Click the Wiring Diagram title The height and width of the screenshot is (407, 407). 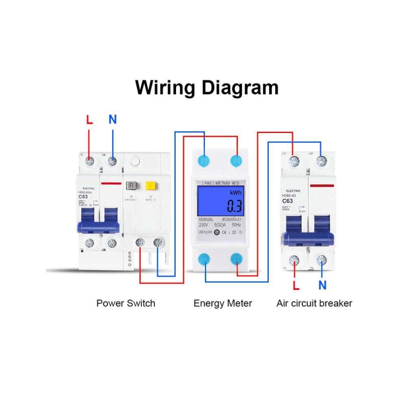(x=207, y=87)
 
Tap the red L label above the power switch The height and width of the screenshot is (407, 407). (x=89, y=120)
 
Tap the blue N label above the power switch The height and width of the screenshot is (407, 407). (x=113, y=120)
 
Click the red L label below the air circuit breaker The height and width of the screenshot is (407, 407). (x=296, y=285)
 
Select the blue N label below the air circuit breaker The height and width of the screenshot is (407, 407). (x=322, y=285)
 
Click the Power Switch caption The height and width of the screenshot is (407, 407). (x=126, y=303)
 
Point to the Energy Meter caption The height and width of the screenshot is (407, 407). (x=222, y=303)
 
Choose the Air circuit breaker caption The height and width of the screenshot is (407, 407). (x=314, y=303)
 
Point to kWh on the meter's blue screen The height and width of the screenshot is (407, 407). (x=235, y=192)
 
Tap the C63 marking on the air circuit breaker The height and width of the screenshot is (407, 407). (x=287, y=201)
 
